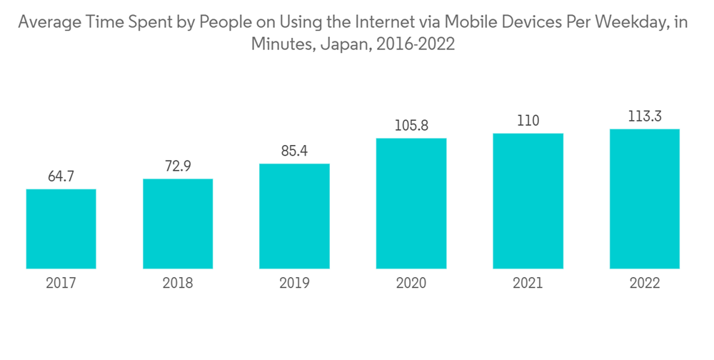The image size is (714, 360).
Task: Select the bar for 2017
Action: pos(61,229)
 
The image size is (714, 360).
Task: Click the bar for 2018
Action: pos(178,224)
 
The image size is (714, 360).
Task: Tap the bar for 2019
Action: pos(294,216)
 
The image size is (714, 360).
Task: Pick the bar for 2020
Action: pos(411,204)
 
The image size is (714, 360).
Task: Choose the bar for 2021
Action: pos(528,201)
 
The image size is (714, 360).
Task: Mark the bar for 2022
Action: pos(644,199)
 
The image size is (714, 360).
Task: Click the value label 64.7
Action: pos(61,176)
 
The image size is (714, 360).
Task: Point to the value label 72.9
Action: pos(178,166)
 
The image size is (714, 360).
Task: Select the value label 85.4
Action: pos(294,151)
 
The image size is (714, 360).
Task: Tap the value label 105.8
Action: pos(411,126)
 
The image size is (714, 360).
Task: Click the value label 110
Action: pos(528,121)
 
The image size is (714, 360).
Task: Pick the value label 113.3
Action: pos(644,116)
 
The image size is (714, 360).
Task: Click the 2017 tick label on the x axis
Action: pos(61,284)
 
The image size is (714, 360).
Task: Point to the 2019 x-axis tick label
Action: pos(294,284)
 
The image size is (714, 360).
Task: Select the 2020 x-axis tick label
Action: pos(411,284)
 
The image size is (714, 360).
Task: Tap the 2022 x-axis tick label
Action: pos(644,284)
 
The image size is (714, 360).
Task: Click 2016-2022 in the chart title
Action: pos(412,44)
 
